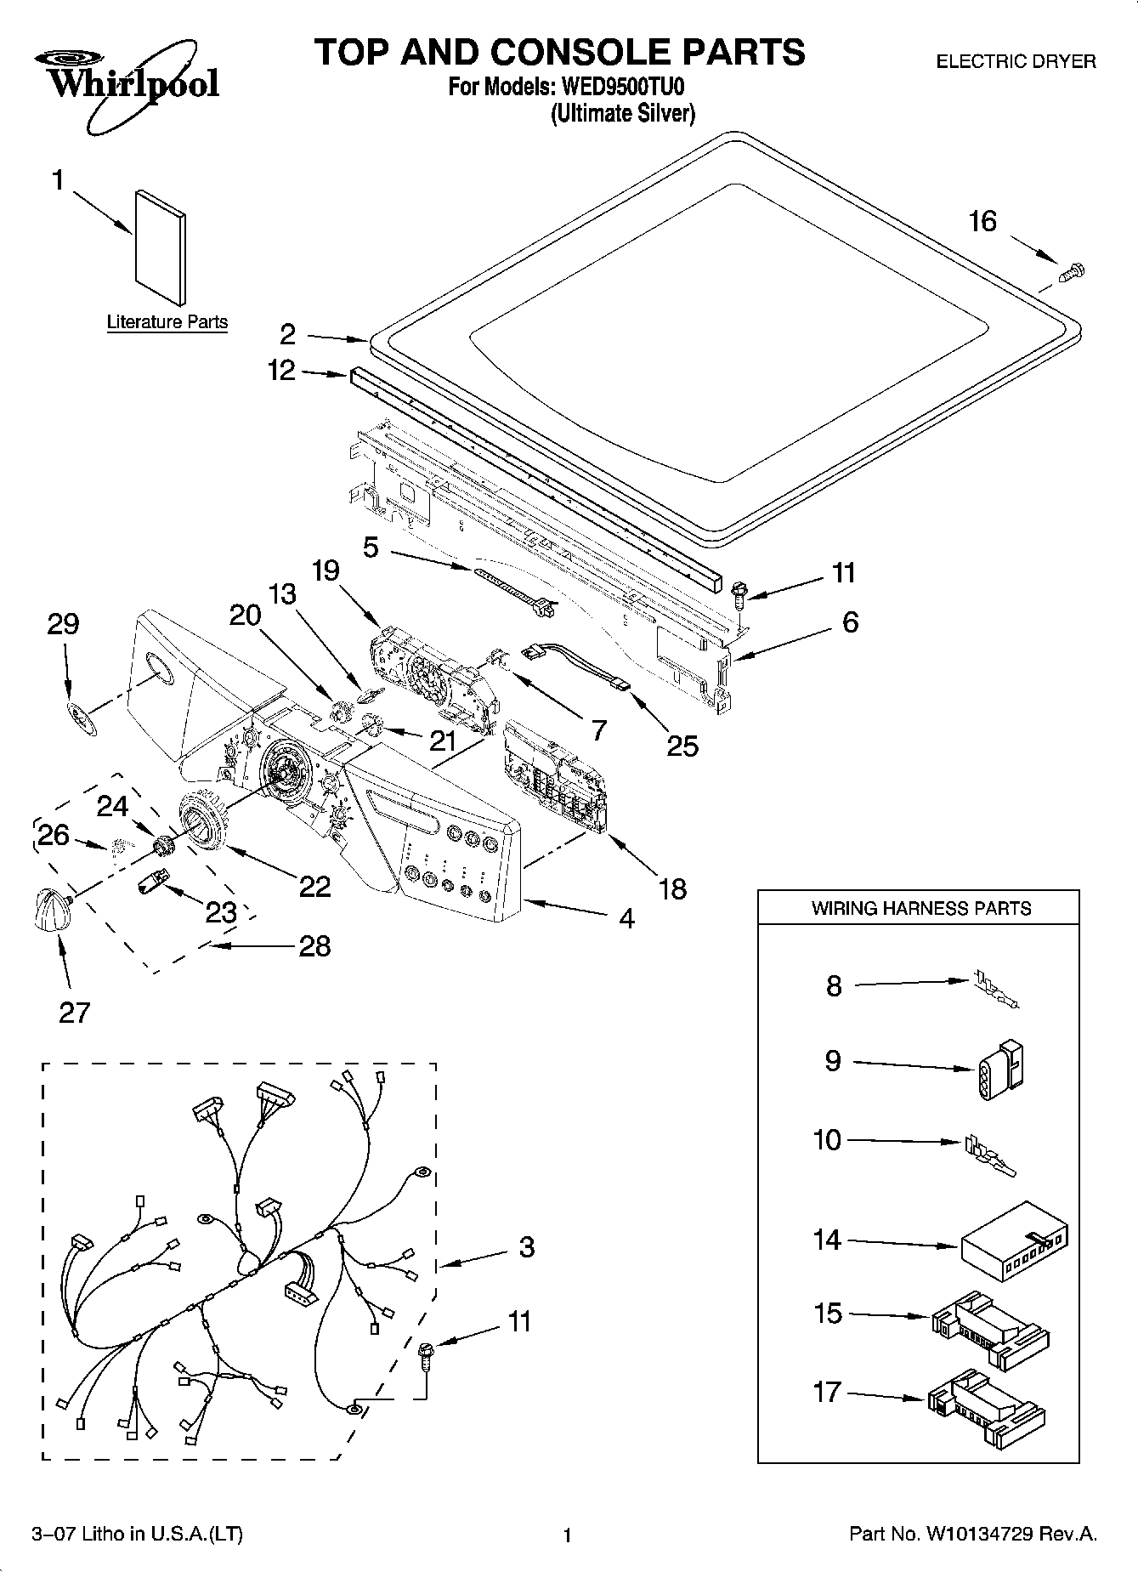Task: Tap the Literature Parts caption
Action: pos(167,322)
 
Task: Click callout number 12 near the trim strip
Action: pos(280,371)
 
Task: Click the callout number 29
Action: pos(63,624)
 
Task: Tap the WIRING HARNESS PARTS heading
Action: pos(921,908)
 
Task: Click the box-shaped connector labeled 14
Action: pos(1015,1245)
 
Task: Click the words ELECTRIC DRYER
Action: pos(1016,61)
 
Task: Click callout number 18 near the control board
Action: pos(672,889)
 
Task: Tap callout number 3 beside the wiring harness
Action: pos(526,1247)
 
